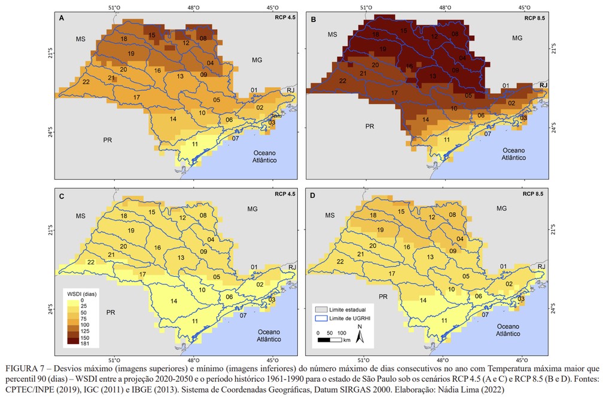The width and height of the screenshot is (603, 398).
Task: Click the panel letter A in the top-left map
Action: [x=62, y=19]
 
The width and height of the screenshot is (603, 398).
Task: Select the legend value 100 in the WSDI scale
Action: [x=86, y=324]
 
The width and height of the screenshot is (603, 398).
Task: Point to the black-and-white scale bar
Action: [x=330, y=340]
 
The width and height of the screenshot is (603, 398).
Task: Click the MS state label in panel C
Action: [x=81, y=216]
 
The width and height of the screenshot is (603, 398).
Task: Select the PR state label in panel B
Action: [x=370, y=127]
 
